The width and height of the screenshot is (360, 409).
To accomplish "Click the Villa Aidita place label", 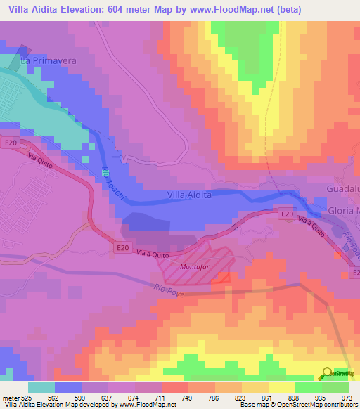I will pos(189,195).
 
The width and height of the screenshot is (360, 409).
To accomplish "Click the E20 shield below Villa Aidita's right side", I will pos(285,213).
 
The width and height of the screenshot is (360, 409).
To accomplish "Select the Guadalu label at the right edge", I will pos(343,190).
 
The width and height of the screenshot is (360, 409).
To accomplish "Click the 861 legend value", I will pos(257,397).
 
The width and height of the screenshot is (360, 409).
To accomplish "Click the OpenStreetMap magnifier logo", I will pos(328,373).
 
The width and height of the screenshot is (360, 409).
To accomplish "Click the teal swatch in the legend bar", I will pos(41,387).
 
